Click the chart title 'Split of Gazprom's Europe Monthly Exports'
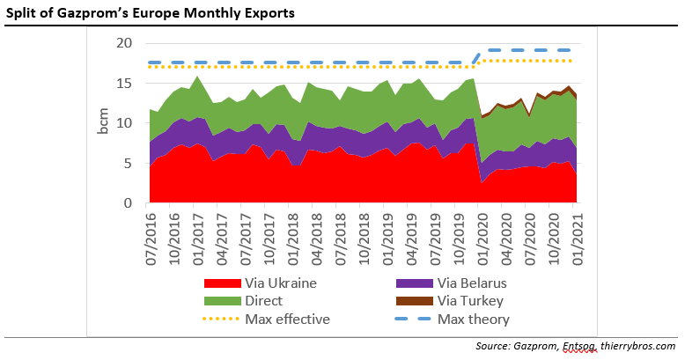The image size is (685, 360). pos(151,13)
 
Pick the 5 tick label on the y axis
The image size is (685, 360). pos(129,164)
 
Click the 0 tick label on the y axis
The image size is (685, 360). pos(129,203)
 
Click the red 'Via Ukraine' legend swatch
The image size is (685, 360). pos(221,284)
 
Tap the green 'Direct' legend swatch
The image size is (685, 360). pos(221,301)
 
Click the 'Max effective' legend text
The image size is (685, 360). pos(287,319)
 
